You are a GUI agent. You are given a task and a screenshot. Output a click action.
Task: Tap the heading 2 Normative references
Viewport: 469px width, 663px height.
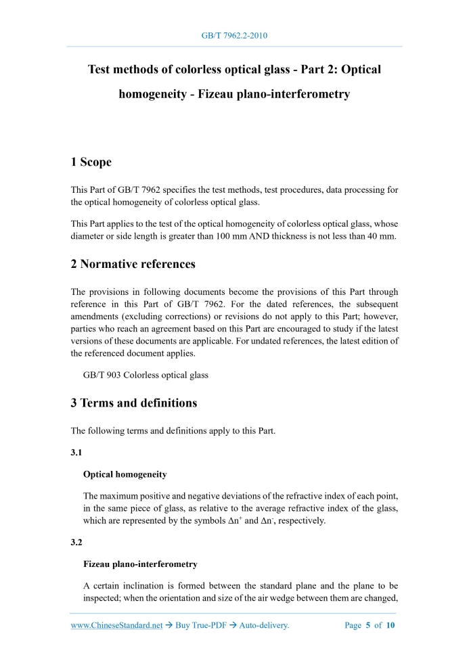coord(133,264)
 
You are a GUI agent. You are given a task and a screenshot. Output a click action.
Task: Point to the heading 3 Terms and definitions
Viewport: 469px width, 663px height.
coord(133,403)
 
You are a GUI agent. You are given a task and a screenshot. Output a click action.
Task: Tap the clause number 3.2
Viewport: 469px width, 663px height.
coord(76,543)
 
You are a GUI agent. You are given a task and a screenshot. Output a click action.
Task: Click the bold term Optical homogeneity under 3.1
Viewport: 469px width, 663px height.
coord(125,474)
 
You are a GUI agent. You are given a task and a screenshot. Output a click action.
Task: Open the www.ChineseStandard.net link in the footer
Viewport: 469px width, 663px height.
coord(116,625)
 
